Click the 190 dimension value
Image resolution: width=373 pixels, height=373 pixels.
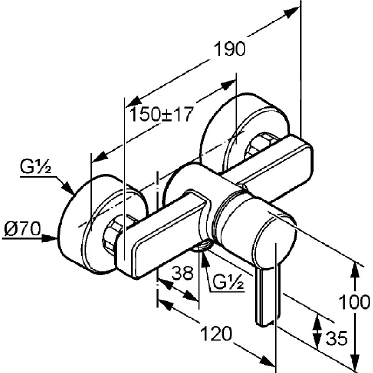point(229,49)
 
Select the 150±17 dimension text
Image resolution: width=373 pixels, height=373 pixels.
point(161,114)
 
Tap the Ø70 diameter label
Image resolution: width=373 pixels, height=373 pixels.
point(22,229)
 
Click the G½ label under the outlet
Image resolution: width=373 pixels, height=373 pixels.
point(228,283)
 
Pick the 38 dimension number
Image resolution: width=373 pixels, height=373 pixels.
point(182,273)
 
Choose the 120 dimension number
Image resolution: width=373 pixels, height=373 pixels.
point(216,334)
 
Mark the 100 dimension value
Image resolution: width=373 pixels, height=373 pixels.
point(354,302)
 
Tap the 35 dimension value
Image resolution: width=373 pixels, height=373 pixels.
point(337,338)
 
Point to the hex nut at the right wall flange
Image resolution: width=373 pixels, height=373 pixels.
point(262,145)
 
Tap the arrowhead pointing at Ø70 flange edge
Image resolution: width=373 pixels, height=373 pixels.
point(50,238)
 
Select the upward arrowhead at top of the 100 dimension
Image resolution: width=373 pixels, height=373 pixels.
point(355,269)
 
